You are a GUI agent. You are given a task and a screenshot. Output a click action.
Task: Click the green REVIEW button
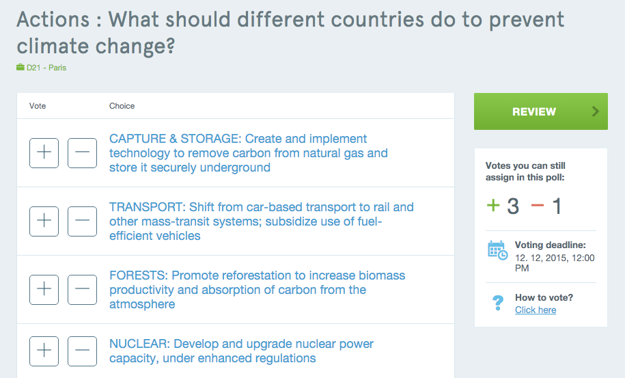click(540, 111)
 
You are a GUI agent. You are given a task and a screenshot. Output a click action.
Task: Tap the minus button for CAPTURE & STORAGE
click(82, 152)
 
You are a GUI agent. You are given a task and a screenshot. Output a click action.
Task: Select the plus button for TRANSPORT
click(44, 221)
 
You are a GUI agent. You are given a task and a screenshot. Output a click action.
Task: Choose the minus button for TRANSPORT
click(82, 221)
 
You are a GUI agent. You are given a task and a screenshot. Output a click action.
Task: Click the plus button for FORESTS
click(44, 290)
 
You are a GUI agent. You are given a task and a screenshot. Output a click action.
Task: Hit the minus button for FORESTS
click(82, 290)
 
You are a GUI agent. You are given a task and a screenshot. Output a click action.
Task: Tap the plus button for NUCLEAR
click(44, 351)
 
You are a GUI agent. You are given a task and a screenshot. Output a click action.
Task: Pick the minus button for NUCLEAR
click(82, 351)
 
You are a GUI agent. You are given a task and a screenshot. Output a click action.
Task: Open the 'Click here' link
click(536, 310)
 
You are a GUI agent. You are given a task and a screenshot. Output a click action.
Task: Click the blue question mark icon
click(498, 303)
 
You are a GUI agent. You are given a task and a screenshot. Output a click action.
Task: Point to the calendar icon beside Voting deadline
click(497, 250)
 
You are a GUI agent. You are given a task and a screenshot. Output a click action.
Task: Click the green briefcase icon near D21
click(20, 67)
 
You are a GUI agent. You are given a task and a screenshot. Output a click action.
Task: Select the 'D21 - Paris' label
click(46, 68)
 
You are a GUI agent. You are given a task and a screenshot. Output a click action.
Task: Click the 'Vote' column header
click(38, 106)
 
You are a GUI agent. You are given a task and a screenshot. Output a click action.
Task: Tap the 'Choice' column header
click(122, 106)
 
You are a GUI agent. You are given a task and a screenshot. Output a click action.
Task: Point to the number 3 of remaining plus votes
click(513, 206)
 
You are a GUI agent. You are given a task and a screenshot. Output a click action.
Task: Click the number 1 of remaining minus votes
click(557, 206)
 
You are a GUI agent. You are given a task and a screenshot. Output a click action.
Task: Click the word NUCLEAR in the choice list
click(140, 344)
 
